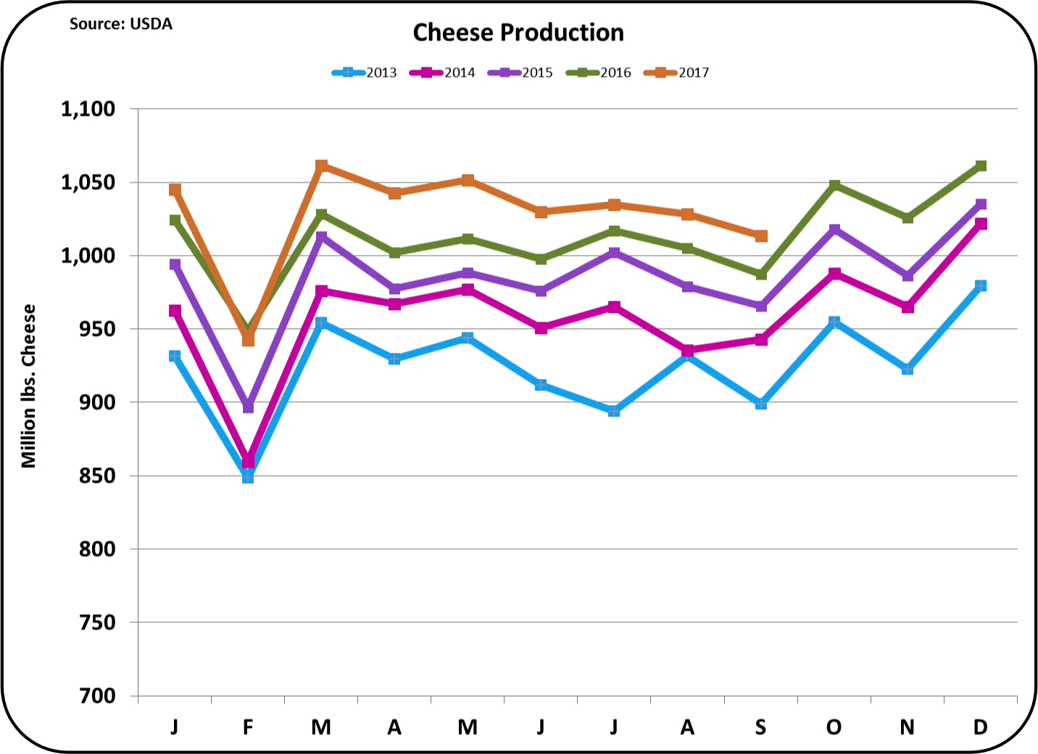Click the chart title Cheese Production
tap(518, 33)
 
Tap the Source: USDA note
tap(120, 24)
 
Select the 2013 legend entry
tap(365, 72)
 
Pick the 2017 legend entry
tap(677, 72)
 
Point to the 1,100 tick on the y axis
tap(88, 109)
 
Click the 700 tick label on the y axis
tap(98, 695)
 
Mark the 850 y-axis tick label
tap(98, 476)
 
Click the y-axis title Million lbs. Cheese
tap(28, 386)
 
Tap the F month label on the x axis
tap(248, 726)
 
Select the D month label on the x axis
tap(980, 726)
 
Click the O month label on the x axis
tap(834, 726)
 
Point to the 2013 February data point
tap(248, 477)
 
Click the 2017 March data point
tap(321, 166)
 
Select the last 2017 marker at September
tap(761, 236)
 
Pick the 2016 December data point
tap(981, 166)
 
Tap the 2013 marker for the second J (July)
tap(614, 411)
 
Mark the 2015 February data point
tap(248, 406)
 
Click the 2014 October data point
tap(834, 274)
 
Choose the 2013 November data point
tap(908, 369)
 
